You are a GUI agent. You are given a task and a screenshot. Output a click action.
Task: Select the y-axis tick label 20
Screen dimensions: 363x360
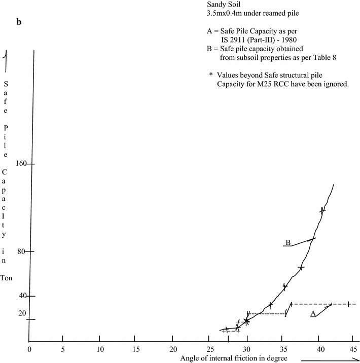point(22,313)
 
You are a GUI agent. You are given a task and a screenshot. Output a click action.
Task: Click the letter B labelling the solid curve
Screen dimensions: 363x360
point(288,243)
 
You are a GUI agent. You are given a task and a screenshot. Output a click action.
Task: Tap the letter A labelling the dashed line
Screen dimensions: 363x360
point(313,313)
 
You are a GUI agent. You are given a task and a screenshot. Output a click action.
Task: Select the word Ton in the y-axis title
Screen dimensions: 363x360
point(7,278)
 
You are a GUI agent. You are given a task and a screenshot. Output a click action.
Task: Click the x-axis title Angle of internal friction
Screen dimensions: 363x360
point(234,358)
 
